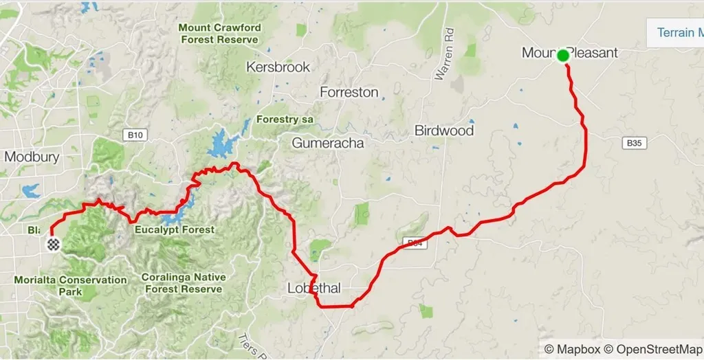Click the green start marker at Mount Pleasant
pos(563,55)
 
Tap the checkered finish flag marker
pos(53,244)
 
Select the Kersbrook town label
pos(278,67)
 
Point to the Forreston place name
pos(349,92)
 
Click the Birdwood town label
pos(444,131)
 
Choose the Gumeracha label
pos(327,144)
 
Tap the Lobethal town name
pos(313,289)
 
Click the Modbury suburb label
pos(32,157)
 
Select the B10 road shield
pos(135,135)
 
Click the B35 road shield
pos(634,144)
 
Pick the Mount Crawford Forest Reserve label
pos(219,34)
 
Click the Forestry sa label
pos(285,120)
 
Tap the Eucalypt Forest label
pos(175,229)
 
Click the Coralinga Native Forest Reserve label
pos(182,283)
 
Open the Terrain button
pos(677,32)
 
